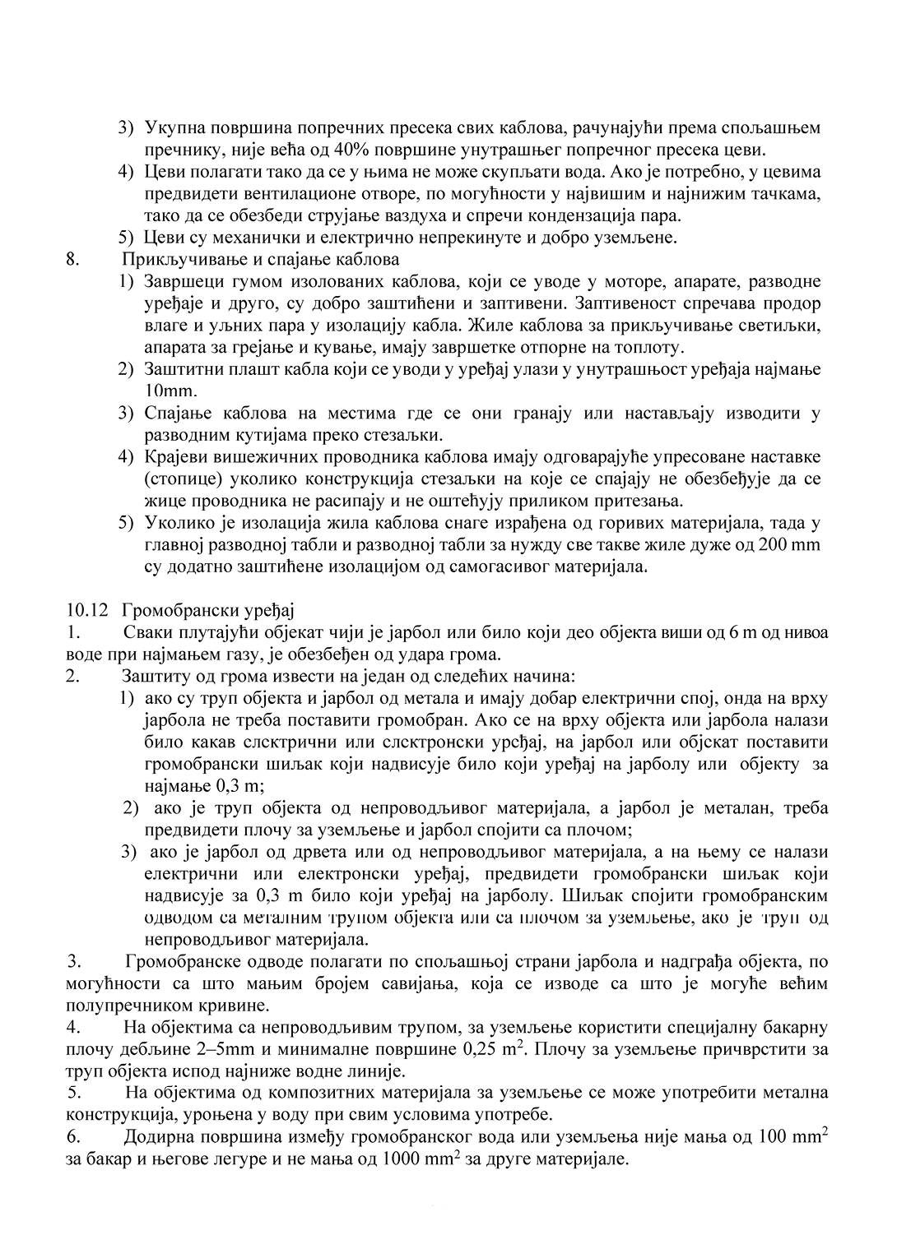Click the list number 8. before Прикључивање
point(72,260)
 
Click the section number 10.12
point(86,611)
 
